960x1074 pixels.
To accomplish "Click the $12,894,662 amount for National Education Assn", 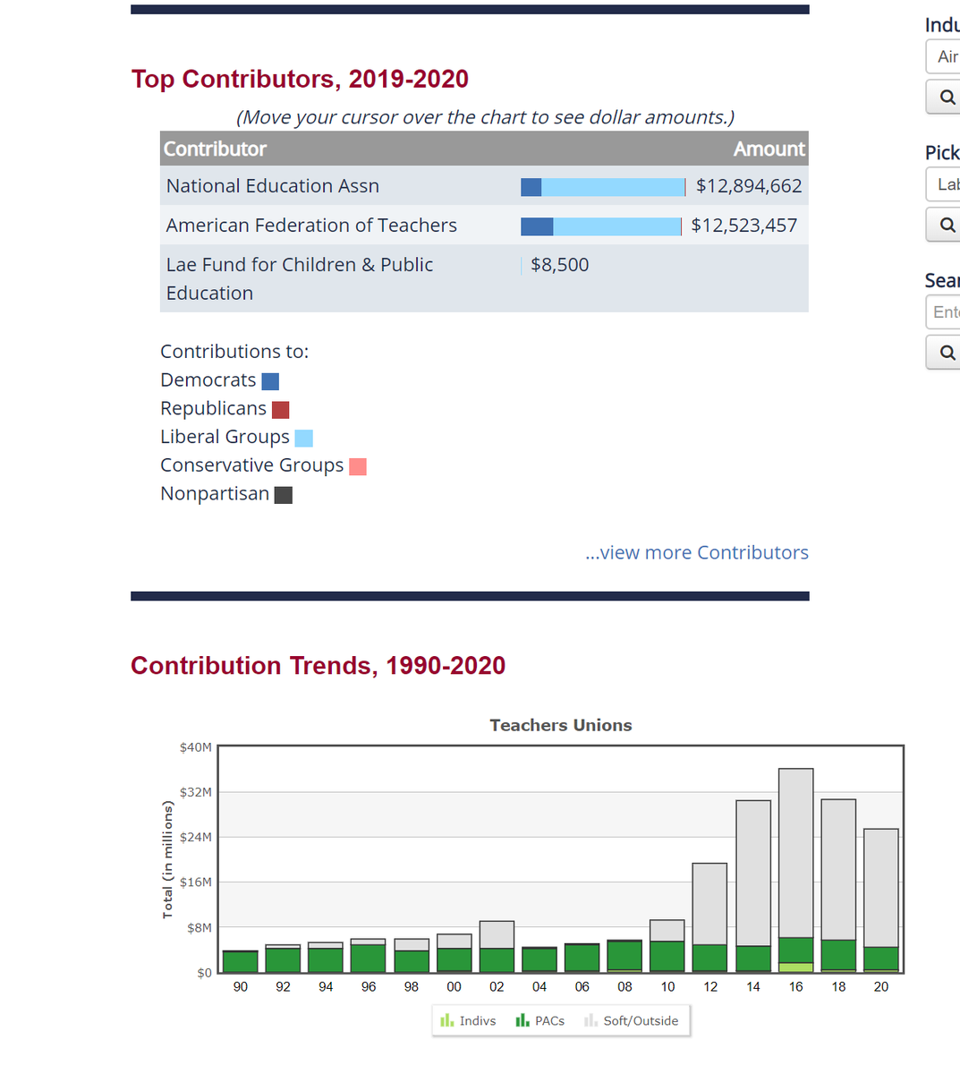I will tap(749, 186).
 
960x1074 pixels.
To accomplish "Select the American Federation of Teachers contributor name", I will tap(311, 226).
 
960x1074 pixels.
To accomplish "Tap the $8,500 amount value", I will tap(559, 265).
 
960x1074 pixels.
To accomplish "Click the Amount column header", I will tap(769, 149).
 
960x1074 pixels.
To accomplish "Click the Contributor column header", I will tap(215, 149).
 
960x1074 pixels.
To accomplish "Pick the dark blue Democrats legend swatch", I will tap(270, 381).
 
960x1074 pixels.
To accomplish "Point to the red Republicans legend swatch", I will tap(280, 410).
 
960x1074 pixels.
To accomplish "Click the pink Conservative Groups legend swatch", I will tap(357, 466).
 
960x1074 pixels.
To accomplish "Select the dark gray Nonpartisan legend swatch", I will tap(283, 495).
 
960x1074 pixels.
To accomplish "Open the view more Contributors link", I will tap(696, 552).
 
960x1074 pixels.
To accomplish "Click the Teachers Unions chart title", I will tap(560, 725).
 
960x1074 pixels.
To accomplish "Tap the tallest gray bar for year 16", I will tap(795, 850).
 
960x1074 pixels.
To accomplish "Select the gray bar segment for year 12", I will tap(709, 902).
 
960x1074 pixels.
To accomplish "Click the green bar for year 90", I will tap(240, 962).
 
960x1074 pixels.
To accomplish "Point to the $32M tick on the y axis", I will tap(196, 792).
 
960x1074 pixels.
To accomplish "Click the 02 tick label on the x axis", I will tap(497, 986).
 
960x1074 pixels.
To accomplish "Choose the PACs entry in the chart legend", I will tap(540, 1020).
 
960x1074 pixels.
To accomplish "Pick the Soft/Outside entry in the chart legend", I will tap(631, 1020).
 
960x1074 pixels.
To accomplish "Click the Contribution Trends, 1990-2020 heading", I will tap(318, 666).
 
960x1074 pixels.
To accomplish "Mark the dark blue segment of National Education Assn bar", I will tap(531, 187).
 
